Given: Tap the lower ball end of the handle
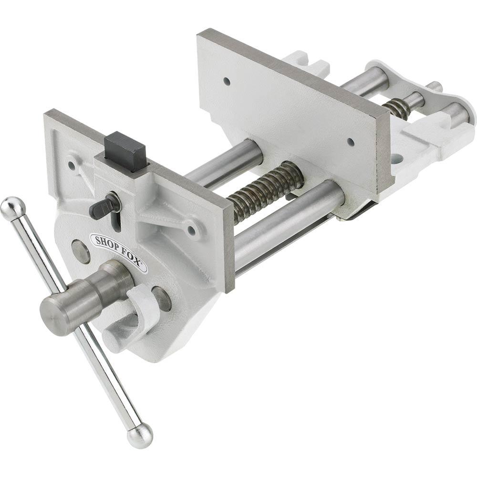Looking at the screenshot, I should pos(140,435).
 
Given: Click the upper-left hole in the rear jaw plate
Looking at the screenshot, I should pos(227,82).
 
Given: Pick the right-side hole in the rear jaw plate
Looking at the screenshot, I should pos(351,142).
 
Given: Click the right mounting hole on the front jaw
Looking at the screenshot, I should pos(191,230).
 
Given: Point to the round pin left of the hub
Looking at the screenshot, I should pos(81,251).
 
